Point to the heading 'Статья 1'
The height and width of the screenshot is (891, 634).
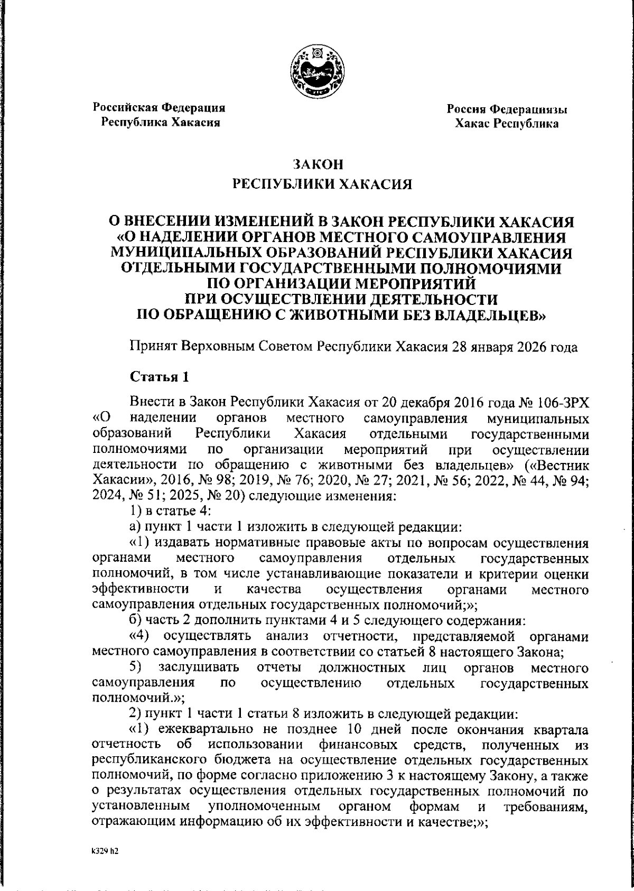[159, 378]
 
